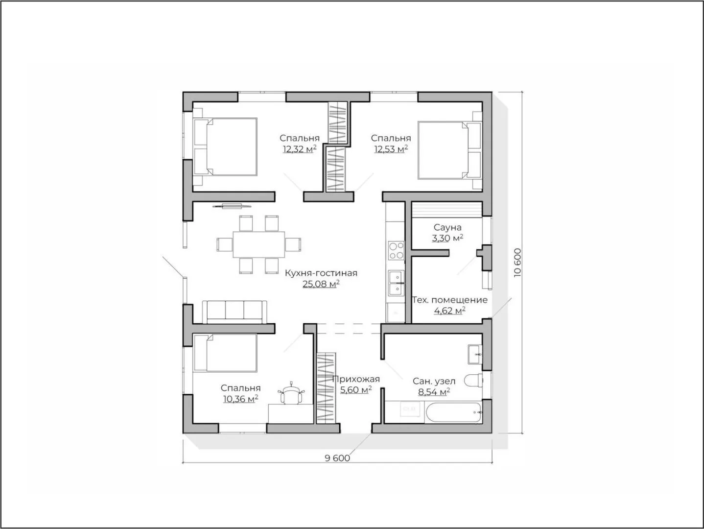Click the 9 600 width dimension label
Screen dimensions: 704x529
337,458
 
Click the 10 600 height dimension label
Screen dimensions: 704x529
517,263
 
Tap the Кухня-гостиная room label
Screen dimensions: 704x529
321,273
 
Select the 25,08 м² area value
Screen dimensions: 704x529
321,284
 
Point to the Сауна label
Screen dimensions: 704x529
448,227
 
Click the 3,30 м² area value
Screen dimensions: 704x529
448,238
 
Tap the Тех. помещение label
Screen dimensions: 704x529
449,300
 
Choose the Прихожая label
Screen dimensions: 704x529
356,379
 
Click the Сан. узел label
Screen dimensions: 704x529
434,381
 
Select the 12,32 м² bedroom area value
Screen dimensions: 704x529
300,149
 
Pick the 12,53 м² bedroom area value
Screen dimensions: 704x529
391,149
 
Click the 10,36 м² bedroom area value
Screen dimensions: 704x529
241,399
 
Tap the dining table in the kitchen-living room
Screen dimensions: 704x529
259,244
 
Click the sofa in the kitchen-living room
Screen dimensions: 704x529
235,312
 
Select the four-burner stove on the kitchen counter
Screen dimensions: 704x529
396,251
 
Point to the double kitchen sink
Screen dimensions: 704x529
396,283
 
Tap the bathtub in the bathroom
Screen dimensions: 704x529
453,411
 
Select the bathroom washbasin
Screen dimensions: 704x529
475,355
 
